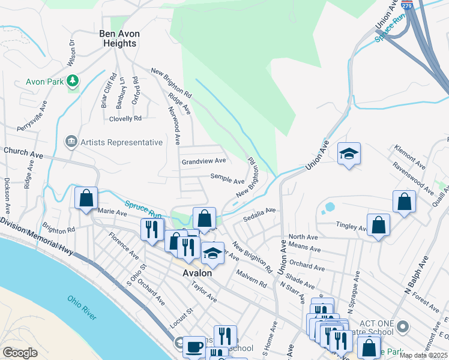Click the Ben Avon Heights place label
pos(118,39)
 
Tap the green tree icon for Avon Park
pos(73,80)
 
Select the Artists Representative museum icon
pos(70,142)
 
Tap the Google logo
pos(20,353)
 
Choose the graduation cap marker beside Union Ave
pos(349,154)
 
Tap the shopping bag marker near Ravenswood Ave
pos(404,202)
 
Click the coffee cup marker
pos(193,346)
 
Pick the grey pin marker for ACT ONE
pos(402,327)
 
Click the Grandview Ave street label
pos(203,161)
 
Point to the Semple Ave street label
pos(227,178)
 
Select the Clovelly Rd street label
pos(125,119)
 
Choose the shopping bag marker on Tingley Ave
pos(378,226)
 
